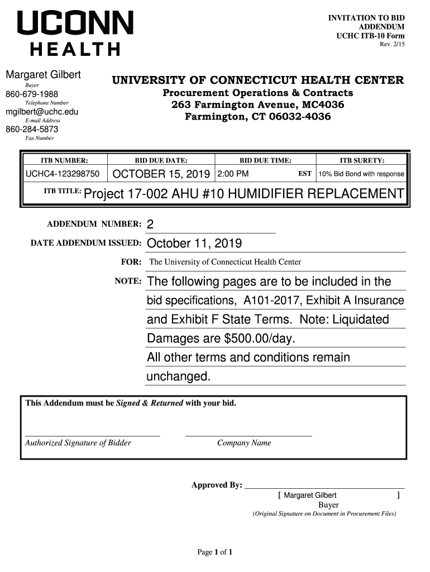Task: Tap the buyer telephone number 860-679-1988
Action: (x=32, y=94)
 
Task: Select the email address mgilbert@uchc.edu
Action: (x=42, y=112)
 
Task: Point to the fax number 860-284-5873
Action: (x=32, y=130)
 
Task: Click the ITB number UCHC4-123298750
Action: (x=63, y=174)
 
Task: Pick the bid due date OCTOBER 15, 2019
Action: (x=161, y=174)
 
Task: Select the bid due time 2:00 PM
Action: (x=233, y=174)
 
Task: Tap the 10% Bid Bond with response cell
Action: (x=361, y=174)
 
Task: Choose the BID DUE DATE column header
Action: (x=161, y=160)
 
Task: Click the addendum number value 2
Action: (x=150, y=225)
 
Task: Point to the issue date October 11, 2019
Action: (x=194, y=244)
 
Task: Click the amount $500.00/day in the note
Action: (x=259, y=339)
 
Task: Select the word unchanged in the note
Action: (x=178, y=377)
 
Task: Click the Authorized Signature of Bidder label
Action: (x=78, y=443)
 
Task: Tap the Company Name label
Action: (x=244, y=443)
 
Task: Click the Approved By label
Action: (x=217, y=485)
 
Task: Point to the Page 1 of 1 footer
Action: (x=215, y=552)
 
